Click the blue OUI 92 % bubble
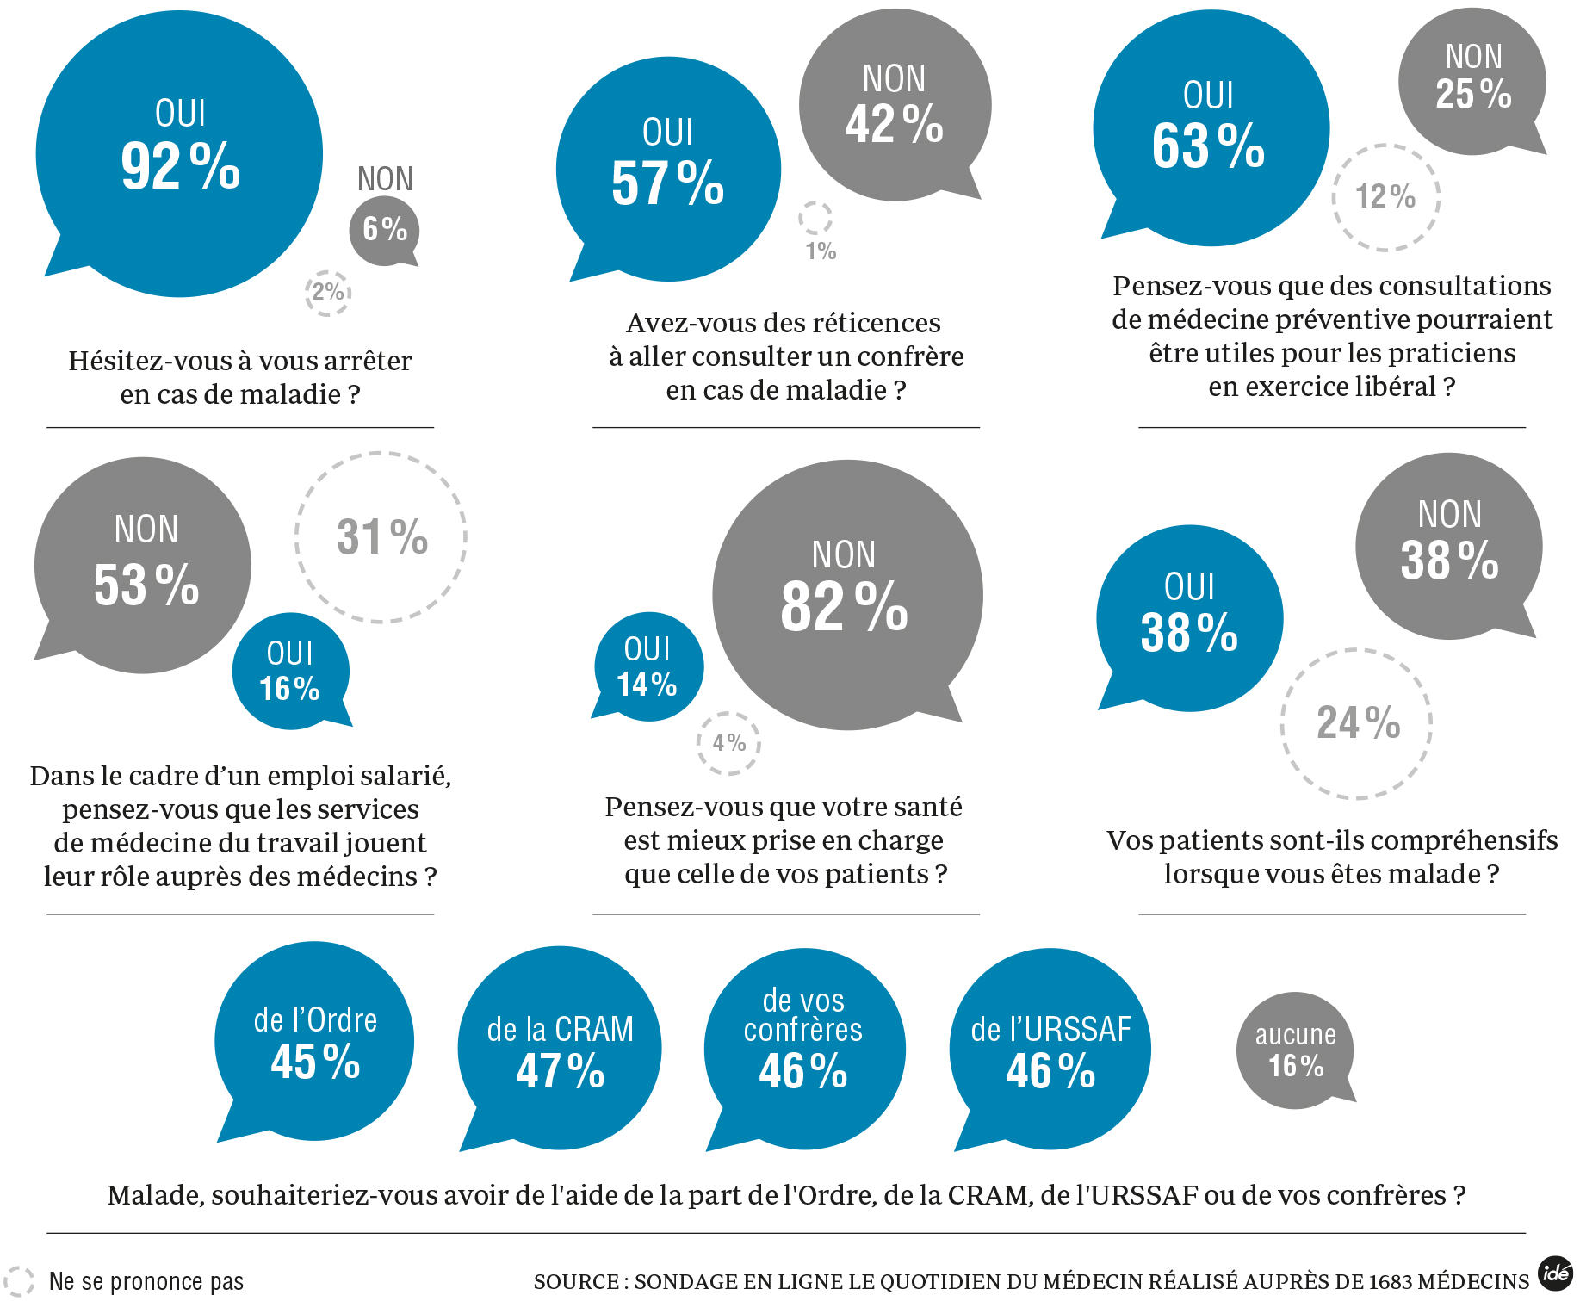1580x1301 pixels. point(179,153)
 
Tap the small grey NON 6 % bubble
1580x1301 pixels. point(384,230)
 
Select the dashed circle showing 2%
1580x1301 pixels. point(328,292)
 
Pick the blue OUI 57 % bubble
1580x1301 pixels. point(668,170)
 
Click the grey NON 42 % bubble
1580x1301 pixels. point(895,105)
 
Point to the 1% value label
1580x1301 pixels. point(821,251)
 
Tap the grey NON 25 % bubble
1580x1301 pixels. point(1472,82)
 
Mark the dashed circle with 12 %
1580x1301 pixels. point(1385,197)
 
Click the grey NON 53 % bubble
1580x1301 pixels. point(144,566)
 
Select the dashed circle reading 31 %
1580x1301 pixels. point(381,537)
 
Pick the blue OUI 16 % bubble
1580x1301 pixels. point(290,672)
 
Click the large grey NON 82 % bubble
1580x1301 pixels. point(846,595)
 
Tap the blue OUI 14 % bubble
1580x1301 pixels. point(648,667)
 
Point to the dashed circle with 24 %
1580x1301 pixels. point(1357,723)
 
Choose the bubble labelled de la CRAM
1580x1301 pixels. point(560,1049)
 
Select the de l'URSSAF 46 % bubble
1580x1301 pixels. point(1050,1049)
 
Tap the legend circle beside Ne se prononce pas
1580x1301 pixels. point(19,1281)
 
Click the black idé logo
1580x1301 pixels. point(1555,1273)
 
